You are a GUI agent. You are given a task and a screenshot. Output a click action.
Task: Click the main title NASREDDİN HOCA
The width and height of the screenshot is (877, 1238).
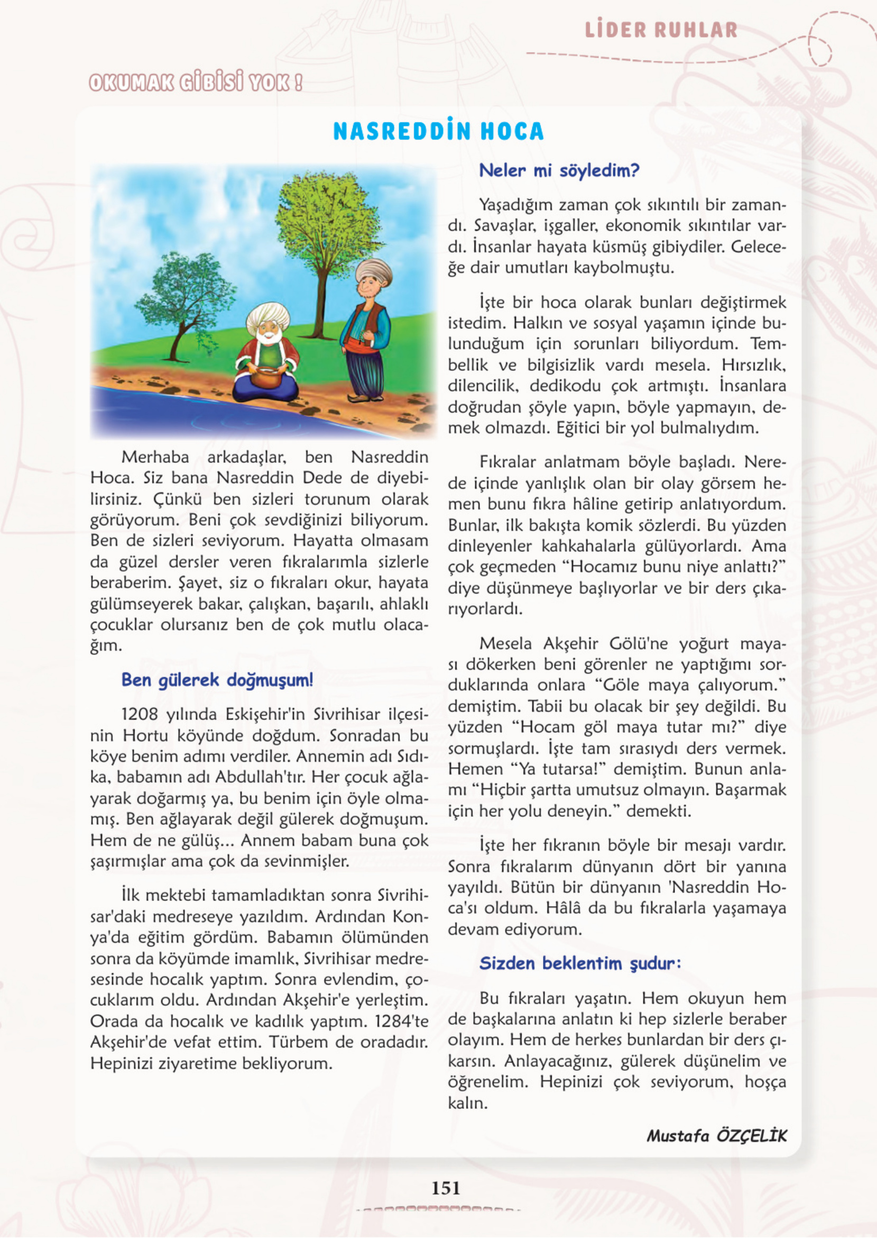[438, 132]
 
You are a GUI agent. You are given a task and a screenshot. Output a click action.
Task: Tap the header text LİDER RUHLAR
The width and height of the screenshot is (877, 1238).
[661, 30]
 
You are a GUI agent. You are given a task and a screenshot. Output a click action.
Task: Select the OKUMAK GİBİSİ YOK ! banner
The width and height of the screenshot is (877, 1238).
[196, 83]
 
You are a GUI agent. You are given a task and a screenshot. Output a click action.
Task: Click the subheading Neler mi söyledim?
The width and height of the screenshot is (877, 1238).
[559, 171]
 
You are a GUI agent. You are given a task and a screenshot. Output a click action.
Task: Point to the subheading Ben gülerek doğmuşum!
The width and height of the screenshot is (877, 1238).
[217, 680]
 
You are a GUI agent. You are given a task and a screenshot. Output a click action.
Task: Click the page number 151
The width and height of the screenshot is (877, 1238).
[446, 1188]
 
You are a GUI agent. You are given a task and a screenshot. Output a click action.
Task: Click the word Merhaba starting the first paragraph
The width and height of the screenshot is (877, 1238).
[155, 457]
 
